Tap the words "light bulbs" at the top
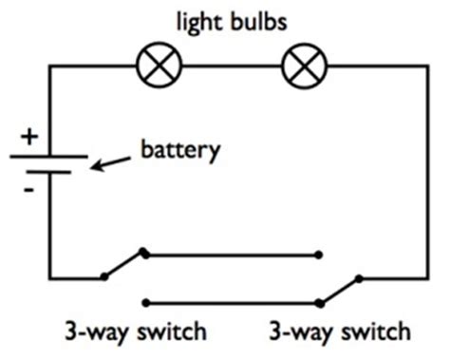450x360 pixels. tap(232, 20)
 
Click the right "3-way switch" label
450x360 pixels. tap(339, 332)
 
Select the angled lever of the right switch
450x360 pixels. tap(339, 290)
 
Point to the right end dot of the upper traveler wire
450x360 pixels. tap(319, 254)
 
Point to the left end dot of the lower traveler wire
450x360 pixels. tap(143, 303)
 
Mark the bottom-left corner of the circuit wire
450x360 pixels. tap(49, 278)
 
